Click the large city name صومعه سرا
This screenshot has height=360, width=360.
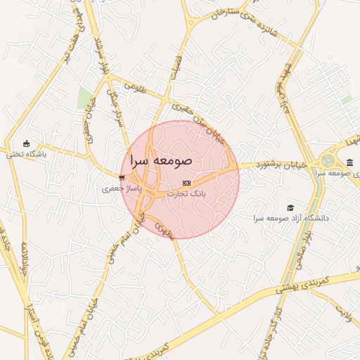click(x=160, y=159)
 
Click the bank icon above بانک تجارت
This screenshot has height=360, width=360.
click(x=186, y=182)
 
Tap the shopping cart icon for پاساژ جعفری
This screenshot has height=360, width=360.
click(x=122, y=178)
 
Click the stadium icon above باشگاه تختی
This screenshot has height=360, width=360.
click(x=27, y=143)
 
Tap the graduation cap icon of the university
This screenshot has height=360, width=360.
click(x=290, y=207)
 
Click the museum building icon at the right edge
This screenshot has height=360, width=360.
click(x=349, y=162)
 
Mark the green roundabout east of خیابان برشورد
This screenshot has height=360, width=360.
click(x=328, y=161)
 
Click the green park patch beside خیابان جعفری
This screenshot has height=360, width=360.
click(x=85, y=99)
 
